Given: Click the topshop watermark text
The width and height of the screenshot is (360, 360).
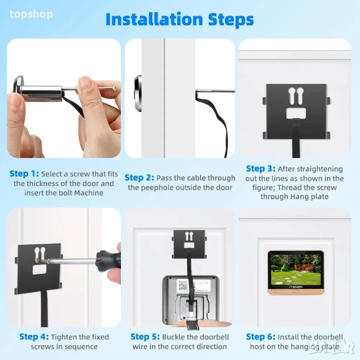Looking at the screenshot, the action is (x=31, y=15).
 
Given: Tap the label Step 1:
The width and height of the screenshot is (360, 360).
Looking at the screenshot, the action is (x=24, y=173).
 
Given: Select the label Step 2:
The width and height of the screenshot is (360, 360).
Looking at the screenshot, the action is (x=139, y=178).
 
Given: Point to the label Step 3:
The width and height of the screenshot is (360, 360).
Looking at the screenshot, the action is (x=261, y=169).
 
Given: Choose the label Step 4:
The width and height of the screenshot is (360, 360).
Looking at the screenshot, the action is (x=34, y=337).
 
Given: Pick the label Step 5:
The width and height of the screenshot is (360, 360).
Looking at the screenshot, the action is (x=145, y=337).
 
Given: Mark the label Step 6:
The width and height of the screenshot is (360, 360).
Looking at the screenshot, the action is (x=261, y=337).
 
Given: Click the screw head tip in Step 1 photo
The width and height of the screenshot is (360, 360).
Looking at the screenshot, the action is (x=114, y=88).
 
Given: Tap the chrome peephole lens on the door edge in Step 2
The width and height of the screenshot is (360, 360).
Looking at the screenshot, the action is (x=138, y=93).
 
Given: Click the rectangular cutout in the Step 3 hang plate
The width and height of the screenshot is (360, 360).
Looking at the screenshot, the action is (x=296, y=113).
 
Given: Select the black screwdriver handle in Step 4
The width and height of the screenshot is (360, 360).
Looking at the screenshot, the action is (x=108, y=261).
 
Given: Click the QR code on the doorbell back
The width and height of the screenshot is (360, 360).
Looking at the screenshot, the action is (x=183, y=285).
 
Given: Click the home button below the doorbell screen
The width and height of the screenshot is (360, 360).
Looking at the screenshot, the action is (x=296, y=292).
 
